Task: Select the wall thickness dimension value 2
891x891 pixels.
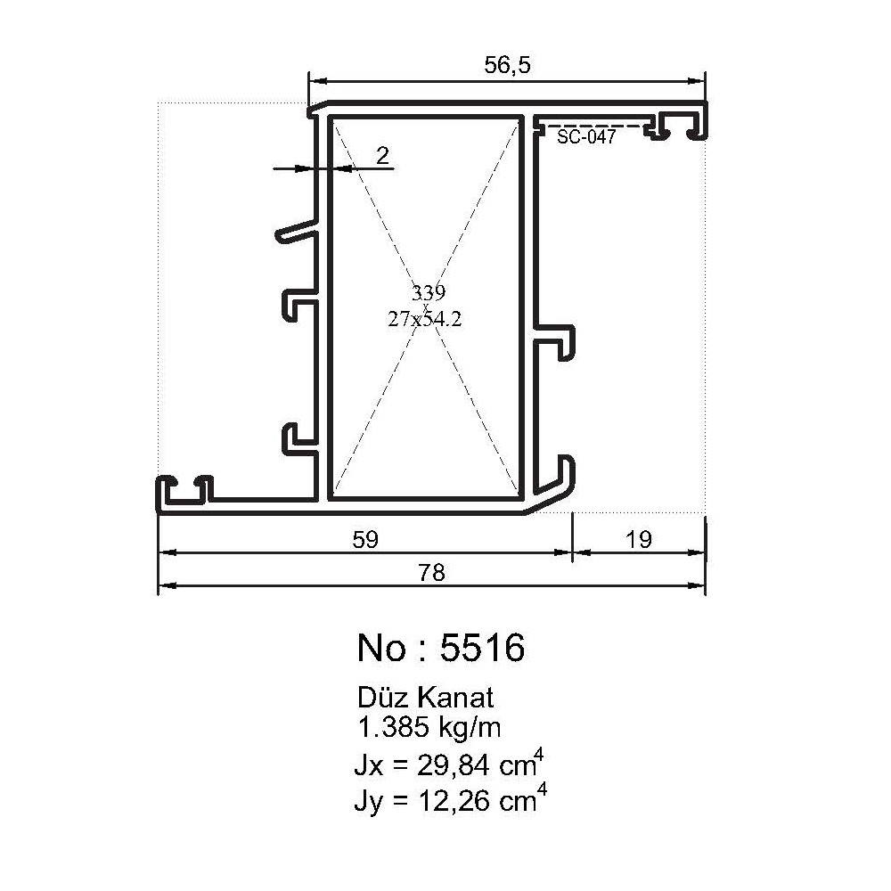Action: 382,156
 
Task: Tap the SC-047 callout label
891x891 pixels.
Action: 585,137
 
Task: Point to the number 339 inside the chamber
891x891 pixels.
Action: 428,292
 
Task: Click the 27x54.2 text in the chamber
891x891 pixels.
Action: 425,320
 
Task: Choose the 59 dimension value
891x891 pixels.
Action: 365,539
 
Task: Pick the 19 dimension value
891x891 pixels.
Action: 639,539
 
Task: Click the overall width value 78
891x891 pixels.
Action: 431,573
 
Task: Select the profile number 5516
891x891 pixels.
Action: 482,649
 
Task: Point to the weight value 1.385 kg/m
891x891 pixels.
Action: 429,728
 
